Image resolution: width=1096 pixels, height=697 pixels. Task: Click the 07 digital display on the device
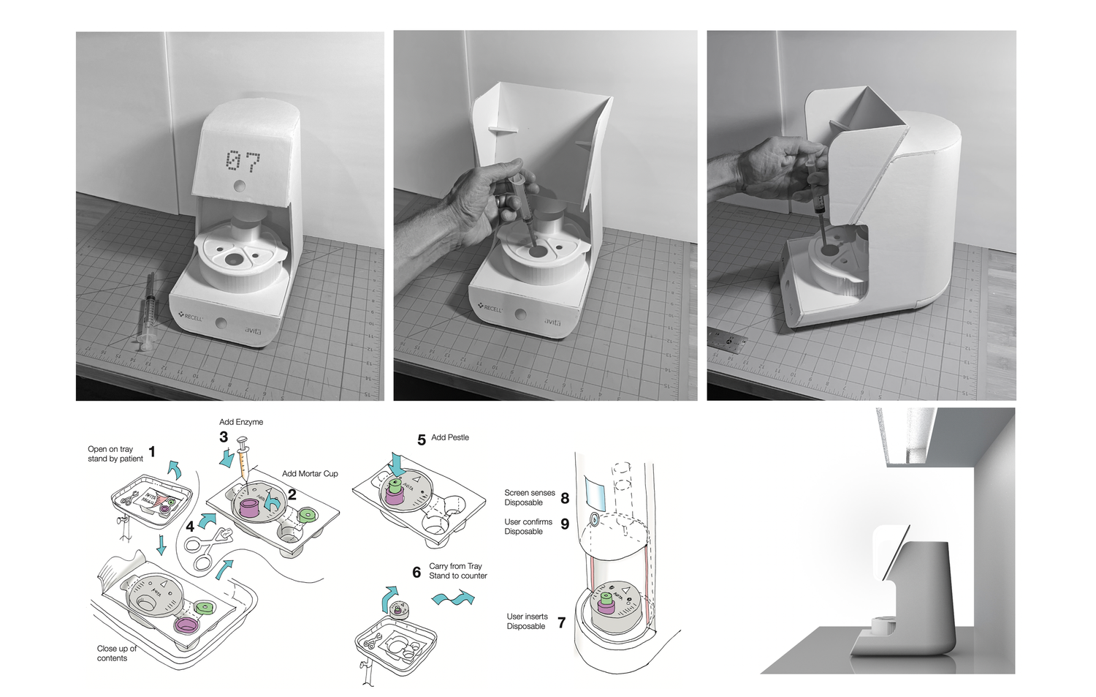click(x=243, y=161)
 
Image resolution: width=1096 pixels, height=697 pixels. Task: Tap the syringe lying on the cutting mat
click(x=146, y=311)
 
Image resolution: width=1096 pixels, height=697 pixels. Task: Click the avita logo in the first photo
click(x=253, y=331)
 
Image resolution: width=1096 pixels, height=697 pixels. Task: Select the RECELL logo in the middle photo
click(x=490, y=308)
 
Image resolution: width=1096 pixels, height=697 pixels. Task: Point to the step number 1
click(x=152, y=452)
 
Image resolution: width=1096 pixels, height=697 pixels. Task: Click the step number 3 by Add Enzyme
click(x=224, y=437)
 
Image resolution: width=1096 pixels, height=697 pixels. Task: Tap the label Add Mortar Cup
click(x=310, y=474)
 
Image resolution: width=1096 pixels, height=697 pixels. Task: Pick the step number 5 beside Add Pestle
click(x=422, y=440)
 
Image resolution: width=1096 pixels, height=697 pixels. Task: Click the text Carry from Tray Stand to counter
click(x=457, y=571)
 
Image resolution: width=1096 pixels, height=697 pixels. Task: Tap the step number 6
click(x=416, y=573)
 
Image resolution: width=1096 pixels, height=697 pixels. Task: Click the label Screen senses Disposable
click(x=530, y=498)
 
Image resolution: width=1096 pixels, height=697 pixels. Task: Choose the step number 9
click(x=565, y=524)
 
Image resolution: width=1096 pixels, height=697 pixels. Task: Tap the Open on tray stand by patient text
click(x=115, y=454)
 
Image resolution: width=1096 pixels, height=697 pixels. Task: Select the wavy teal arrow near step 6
click(x=453, y=599)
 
